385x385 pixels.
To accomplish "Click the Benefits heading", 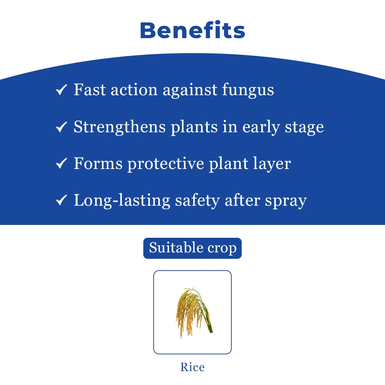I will [x=192, y=31].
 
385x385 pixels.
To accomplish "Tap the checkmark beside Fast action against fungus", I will [x=61, y=90].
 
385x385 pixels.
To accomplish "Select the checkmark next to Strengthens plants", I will [x=61, y=127].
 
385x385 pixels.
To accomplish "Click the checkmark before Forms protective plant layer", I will [x=61, y=164].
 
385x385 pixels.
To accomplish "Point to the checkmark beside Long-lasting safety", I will [x=61, y=200].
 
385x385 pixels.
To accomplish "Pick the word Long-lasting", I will [x=122, y=201].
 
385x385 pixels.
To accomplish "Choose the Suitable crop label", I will [x=192, y=248].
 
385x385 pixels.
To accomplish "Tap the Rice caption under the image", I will [x=192, y=367].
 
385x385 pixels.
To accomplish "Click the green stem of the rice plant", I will [x=209, y=323].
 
